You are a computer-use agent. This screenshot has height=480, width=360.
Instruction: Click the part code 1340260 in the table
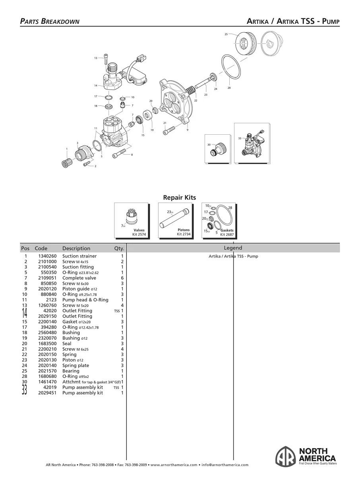coord(47,256)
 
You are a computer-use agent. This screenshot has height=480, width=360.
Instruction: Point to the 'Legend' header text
coord(233,248)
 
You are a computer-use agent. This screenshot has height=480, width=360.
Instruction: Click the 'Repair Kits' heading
coord(180,197)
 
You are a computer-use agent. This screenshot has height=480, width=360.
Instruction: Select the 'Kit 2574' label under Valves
coord(139,234)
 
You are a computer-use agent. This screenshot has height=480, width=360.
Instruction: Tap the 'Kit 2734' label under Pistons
coord(184,234)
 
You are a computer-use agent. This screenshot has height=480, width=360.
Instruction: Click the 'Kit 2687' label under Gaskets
coord(227,234)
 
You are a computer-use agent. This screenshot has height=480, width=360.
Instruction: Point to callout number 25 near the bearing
coord(226,35)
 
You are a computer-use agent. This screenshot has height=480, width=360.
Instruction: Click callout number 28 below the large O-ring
coord(229,88)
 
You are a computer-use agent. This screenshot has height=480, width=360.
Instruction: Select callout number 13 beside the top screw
coord(96,58)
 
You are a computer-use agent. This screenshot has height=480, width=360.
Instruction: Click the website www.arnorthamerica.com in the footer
coord(174,465)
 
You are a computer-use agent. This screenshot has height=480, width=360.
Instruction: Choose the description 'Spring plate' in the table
coord(75,366)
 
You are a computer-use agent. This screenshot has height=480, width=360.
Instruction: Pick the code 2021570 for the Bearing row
coord(47,371)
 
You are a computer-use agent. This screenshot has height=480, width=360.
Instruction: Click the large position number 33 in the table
coord(25,390)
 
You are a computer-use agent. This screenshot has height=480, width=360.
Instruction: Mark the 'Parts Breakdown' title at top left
coord(50,21)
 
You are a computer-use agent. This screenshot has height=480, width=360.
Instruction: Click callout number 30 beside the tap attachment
coord(209,145)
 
